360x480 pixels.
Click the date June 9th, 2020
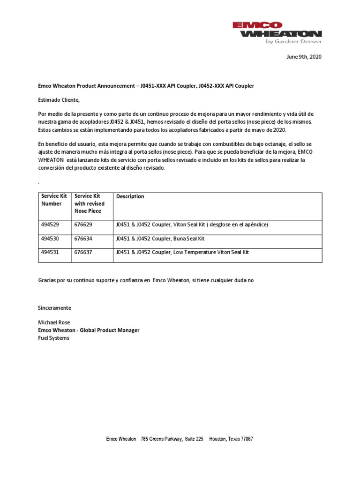pos(304,57)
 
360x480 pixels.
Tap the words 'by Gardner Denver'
pos(293,41)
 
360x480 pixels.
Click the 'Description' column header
pos(130,196)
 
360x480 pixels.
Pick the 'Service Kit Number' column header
pos(51,200)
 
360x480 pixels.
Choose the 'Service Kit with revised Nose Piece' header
pos(89,203)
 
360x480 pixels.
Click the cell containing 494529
pos(51,225)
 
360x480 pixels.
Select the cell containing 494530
pos(51,239)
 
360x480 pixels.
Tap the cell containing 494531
pos(51,252)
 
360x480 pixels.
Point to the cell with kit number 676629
pos(83,225)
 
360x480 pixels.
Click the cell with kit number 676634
pos(83,239)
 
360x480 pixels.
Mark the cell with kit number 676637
pos(83,252)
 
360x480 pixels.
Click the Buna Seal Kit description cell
pos(160,239)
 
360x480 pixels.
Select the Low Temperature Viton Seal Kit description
pos(182,252)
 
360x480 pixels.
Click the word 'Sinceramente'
pos(54,308)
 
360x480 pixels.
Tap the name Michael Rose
pos(53,323)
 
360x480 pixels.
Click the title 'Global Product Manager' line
pos(89,330)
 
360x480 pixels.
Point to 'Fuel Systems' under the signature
pos(53,338)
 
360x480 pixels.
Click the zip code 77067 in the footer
pos(247,439)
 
